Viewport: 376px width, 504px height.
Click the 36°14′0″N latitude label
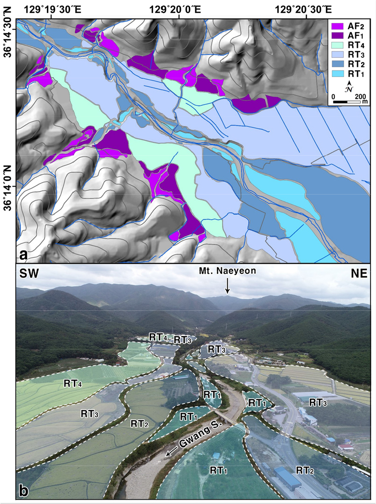[x=8, y=186]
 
